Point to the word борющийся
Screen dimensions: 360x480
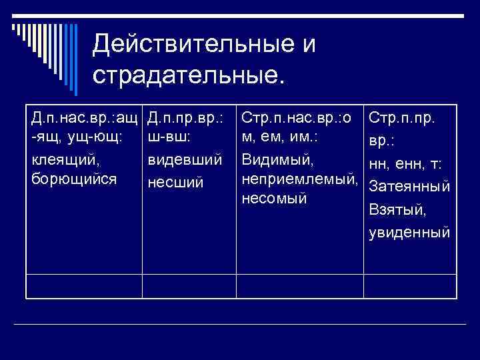[73, 179]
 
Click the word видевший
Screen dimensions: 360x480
[185, 160]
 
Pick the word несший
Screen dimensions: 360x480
[174, 182]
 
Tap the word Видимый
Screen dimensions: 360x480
[277, 160]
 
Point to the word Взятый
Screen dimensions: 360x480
[399, 209]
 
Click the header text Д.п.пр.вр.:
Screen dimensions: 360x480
[185, 118]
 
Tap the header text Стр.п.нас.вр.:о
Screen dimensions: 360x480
[297, 118]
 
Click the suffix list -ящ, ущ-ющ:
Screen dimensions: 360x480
[77, 137]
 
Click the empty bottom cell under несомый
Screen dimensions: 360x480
[299, 285]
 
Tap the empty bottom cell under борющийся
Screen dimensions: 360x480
[84, 285]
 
